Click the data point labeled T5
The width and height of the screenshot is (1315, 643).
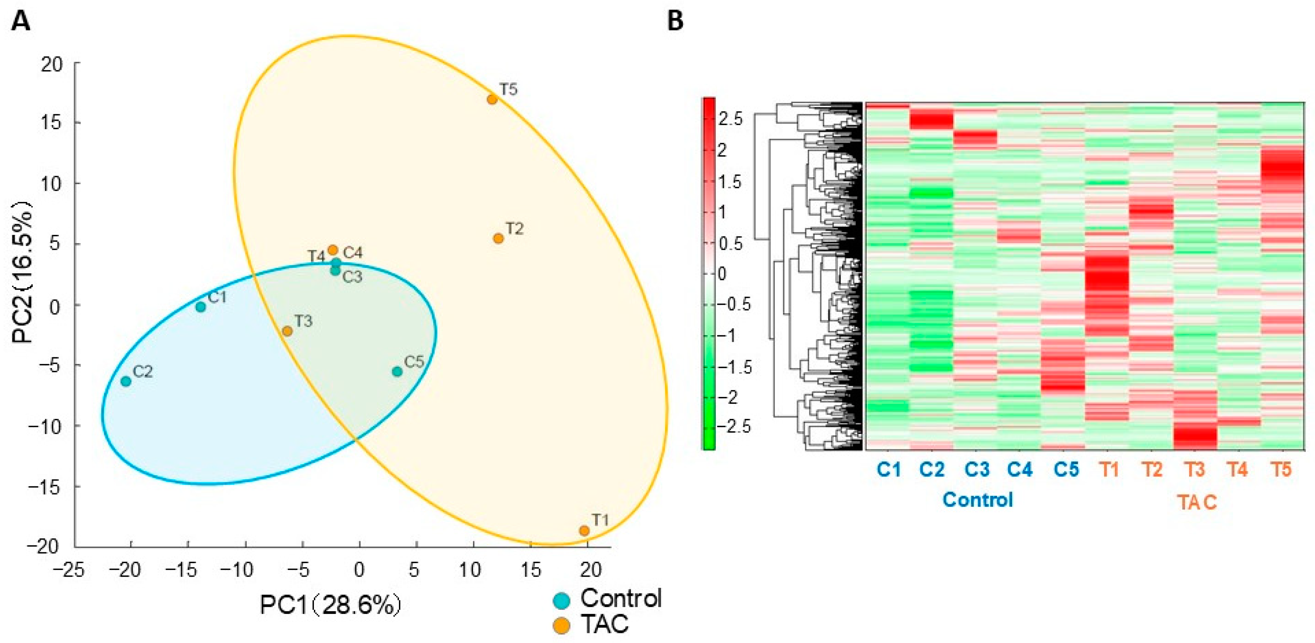coord(492,99)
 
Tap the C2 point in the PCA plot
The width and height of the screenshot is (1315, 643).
coord(126,381)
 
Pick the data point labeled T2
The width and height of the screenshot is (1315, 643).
coord(498,238)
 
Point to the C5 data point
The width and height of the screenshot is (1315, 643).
coord(397,371)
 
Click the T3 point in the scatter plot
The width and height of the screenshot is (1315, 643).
coord(288,331)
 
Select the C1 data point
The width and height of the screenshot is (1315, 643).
coord(200,307)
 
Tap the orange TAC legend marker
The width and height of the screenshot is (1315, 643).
coord(562,625)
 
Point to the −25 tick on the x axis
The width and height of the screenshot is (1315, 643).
coord(71,570)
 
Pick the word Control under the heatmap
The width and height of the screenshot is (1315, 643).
coord(977,499)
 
